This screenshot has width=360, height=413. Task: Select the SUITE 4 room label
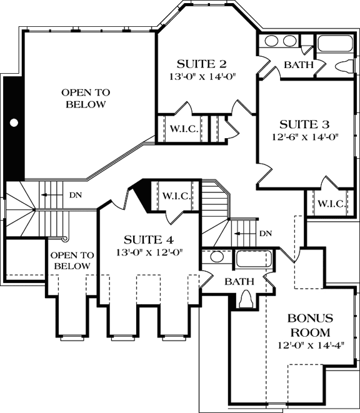[x=148, y=240]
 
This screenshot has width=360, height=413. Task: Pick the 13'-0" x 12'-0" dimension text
[x=148, y=253]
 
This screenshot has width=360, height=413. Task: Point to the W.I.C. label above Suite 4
[x=176, y=196]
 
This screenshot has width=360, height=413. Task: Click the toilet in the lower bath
[x=247, y=301]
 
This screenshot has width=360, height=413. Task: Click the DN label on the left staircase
[x=76, y=195]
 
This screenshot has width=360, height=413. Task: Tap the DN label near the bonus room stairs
[x=266, y=234]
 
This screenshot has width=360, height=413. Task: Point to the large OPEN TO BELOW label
[x=86, y=98]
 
